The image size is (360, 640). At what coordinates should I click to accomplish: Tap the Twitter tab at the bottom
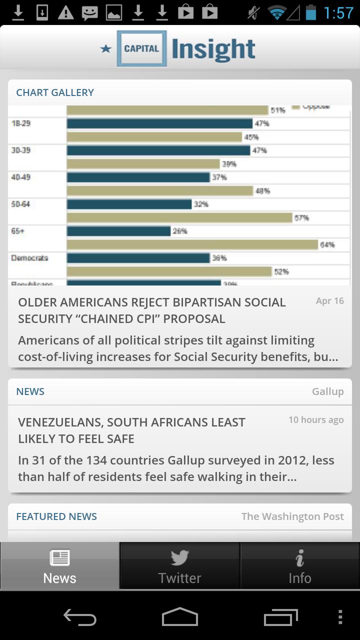click(x=179, y=566)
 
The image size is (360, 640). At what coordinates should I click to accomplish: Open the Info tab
click(x=299, y=566)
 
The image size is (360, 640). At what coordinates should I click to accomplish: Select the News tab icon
click(x=59, y=558)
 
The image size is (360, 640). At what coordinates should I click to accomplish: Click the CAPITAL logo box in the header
click(x=141, y=48)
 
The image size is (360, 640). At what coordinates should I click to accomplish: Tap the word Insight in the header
click(x=213, y=49)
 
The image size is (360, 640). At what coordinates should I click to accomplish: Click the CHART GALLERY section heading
click(x=55, y=92)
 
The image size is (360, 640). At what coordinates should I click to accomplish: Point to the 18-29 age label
click(x=21, y=123)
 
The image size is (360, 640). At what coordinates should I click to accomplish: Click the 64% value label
click(x=327, y=244)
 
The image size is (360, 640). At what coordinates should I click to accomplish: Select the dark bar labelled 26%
click(x=119, y=231)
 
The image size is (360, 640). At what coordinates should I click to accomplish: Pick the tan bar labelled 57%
click(x=179, y=217)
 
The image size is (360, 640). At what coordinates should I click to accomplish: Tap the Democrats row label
click(x=29, y=258)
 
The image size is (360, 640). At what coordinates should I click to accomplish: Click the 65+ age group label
click(x=18, y=231)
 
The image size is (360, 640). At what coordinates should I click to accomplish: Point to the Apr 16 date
click(x=329, y=301)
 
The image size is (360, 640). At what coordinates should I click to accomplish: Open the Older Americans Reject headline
click(x=152, y=310)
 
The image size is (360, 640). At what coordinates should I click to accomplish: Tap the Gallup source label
click(x=327, y=391)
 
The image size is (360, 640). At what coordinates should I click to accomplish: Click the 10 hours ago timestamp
click(x=316, y=420)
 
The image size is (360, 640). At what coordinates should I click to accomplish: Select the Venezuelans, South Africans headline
click(x=131, y=430)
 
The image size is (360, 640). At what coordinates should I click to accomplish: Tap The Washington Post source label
click(x=292, y=516)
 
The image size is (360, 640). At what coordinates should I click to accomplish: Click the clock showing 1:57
click(x=338, y=13)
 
